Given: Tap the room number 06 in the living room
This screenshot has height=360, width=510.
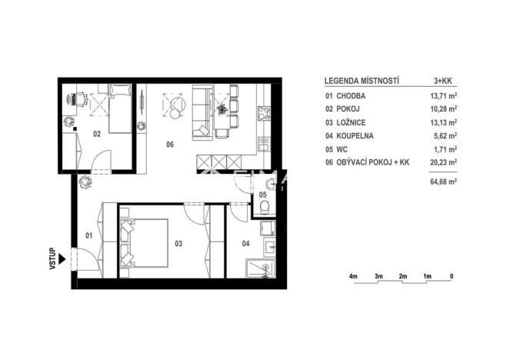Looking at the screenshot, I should click(170, 143).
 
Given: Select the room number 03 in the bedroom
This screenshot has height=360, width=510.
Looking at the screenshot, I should click(178, 244).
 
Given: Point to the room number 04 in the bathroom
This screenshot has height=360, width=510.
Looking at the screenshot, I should click(245, 244).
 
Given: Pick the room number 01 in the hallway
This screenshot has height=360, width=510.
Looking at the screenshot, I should click(88, 235).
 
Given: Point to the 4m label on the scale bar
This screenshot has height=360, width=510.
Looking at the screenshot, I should click(354, 275).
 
